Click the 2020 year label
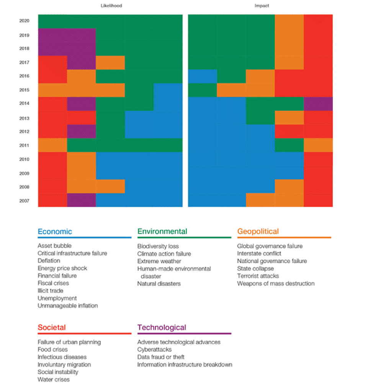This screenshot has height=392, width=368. (24, 21)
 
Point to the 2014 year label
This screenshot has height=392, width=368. (24, 104)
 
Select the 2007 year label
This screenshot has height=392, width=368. (24, 201)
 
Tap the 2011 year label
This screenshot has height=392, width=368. (24, 145)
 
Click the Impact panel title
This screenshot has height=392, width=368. (262, 6)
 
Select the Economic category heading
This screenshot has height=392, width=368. (55, 231)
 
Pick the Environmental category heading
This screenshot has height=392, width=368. (162, 231)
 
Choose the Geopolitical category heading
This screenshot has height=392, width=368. (258, 231)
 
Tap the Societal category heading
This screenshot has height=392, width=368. (52, 327)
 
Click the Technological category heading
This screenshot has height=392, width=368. (162, 327)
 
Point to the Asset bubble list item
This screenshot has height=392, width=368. (54, 246)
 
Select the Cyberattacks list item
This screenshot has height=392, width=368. (154, 350)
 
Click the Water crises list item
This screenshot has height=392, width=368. (54, 379)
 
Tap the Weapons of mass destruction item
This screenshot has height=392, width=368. (276, 283)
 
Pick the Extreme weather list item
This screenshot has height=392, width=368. (159, 261)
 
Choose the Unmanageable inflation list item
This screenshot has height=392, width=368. (67, 305)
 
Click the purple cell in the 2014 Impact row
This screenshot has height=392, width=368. (318, 104)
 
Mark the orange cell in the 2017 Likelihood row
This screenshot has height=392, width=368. (110, 62)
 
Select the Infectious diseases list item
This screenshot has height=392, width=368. (62, 357)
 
